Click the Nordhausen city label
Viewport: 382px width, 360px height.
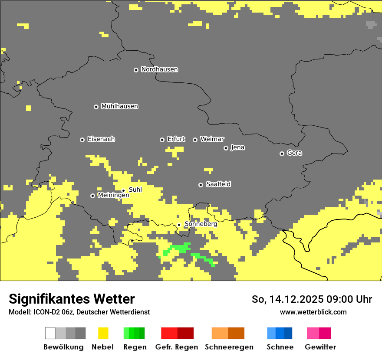[x=159, y=69]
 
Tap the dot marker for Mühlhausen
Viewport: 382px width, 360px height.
[x=96, y=107]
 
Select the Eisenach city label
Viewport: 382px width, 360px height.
[x=101, y=139]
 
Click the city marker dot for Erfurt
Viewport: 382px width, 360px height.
[x=162, y=140]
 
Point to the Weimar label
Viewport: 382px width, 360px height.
[x=212, y=139]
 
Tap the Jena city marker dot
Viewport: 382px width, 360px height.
[x=226, y=148]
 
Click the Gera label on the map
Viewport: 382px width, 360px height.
[x=294, y=153]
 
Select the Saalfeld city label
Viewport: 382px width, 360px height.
[x=218, y=184]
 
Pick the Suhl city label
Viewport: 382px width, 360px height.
[x=135, y=190]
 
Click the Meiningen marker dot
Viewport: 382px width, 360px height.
[x=92, y=196]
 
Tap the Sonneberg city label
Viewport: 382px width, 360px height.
[x=201, y=224]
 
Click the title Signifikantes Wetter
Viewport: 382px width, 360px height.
[x=72, y=299]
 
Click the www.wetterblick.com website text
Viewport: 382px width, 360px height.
[x=313, y=312]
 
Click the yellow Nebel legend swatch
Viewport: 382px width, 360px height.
[x=103, y=333]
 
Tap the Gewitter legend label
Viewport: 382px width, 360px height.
[x=320, y=347]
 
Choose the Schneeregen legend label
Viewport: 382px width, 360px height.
[x=229, y=347]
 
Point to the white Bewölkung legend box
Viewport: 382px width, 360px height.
[x=50, y=333]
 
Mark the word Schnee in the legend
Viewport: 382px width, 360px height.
[x=280, y=347]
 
